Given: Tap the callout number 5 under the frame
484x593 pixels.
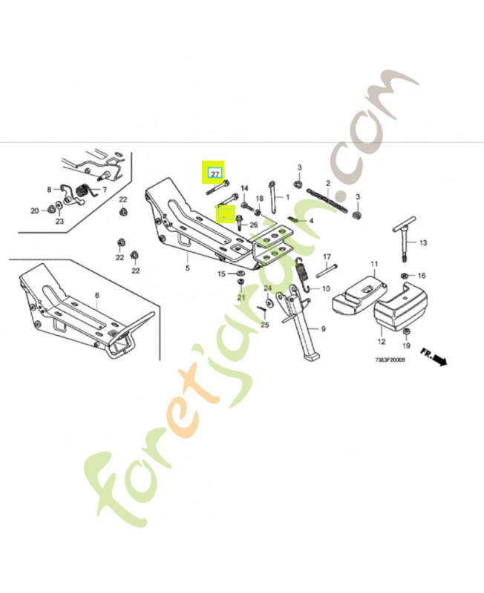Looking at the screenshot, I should (x=187, y=268).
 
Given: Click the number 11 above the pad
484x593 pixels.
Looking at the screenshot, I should (x=374, y=263).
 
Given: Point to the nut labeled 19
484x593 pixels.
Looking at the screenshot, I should (x=407, y=330).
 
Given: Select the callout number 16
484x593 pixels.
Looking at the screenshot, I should (x=421, y=275).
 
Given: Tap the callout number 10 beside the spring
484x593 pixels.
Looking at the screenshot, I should (x=325, y=288).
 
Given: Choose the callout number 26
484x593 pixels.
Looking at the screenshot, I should (x=253, y=225).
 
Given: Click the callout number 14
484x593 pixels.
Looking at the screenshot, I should (x=244, y=188).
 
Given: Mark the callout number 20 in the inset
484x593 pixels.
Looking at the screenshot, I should (x=34, y=211).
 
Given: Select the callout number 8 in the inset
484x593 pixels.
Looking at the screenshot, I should (x=49, y=190).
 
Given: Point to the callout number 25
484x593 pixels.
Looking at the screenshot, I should (x=265, y=325).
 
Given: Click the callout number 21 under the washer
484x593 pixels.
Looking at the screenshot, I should (x=241, y=297).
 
